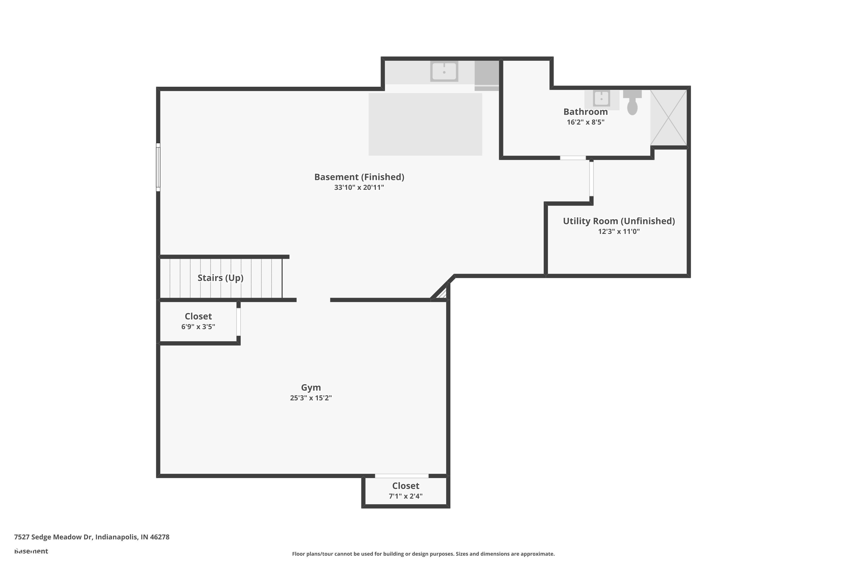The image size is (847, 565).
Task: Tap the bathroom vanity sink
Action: (601, 98)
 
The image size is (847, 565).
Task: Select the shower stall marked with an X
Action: (668, 118)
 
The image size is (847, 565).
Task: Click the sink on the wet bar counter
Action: (444, 71)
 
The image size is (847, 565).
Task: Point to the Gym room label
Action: (311, 387)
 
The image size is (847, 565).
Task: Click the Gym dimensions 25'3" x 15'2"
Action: (311, 398)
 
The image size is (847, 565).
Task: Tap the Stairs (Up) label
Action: (221, 278)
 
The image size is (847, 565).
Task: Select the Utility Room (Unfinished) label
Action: (619, 221)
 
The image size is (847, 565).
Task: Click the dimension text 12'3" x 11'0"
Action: (619, 231)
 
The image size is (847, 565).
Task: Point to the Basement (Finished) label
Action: (359, 177)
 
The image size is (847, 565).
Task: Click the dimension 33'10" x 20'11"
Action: (359, 187)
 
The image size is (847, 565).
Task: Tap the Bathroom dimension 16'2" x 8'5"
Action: (586, 122)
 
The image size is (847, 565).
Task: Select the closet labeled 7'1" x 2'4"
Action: (405, 491)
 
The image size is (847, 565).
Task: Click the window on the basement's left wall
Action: (158, 167)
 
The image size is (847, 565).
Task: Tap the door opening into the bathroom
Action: (573, 158)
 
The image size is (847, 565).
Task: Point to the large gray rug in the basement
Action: (425, 124)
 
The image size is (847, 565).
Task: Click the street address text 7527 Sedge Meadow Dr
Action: (91, 537)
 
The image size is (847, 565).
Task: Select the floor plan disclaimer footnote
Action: (423, 554)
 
